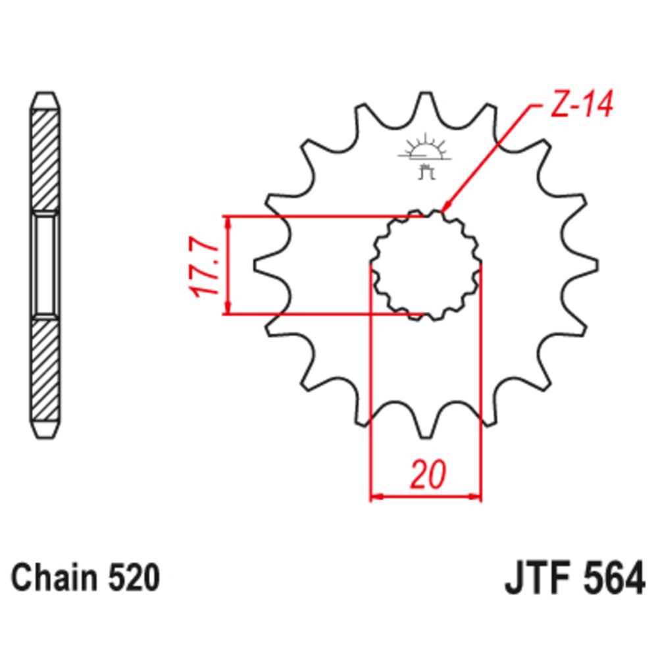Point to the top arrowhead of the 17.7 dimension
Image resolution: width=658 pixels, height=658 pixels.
228,222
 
